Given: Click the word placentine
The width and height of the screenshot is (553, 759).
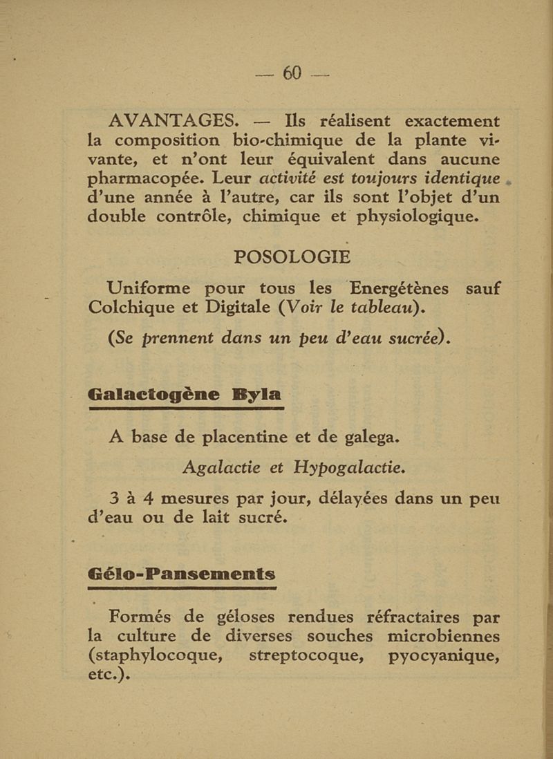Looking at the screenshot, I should coord(239,438).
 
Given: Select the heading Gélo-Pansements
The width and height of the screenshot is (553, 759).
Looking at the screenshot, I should coord(182,574).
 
